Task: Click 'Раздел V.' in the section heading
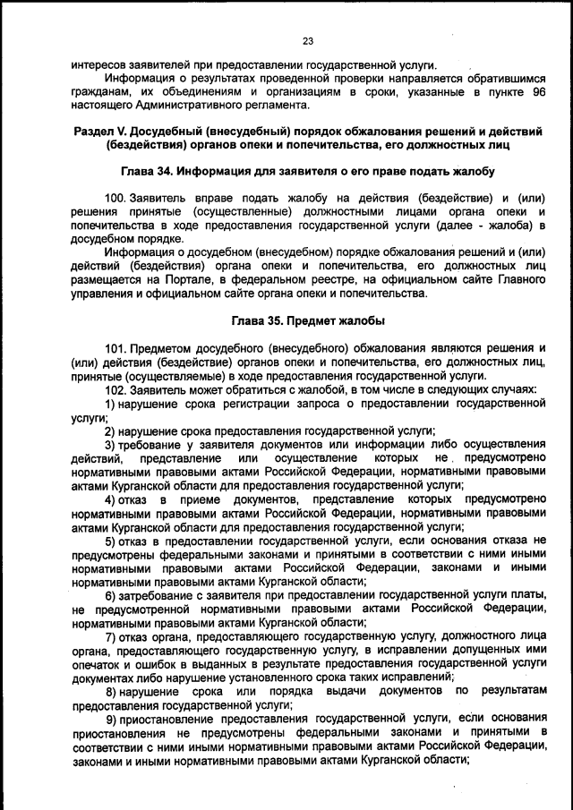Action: pyautogui.click(x=99, y=133)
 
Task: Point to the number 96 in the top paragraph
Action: pyautogui.click(x=537, y=92)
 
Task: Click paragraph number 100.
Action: pyautogui.click(x=116, y=197)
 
